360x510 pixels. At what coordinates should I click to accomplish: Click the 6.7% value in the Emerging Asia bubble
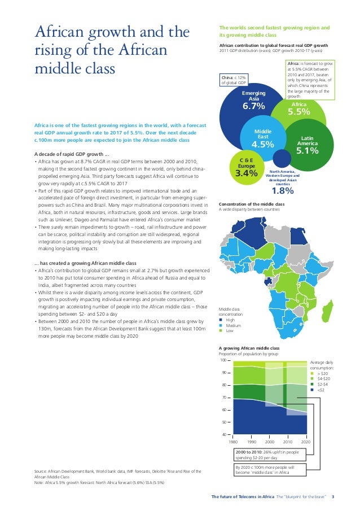pos(253,106)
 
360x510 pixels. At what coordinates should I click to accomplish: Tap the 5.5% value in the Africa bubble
pos(298,112)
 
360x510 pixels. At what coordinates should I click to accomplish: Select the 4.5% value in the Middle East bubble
pos(262,145)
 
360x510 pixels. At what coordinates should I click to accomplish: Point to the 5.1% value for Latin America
pos(308,150)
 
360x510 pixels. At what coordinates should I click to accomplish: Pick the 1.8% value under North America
pos(283,190)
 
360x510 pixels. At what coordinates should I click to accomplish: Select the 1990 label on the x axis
pos(252,441)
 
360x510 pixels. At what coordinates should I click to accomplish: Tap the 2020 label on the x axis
pos(306,441)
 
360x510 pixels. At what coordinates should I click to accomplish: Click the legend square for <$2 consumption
pos(313,390)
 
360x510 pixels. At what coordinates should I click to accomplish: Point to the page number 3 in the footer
pos(333,497)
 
